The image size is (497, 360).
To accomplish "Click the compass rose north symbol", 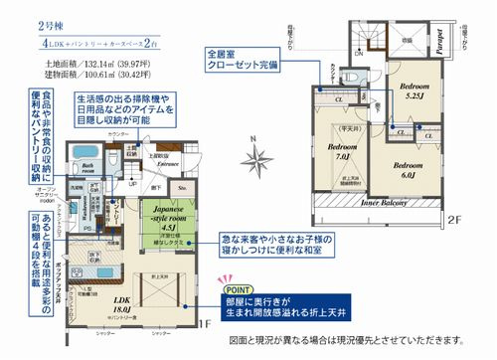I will click(259, 158).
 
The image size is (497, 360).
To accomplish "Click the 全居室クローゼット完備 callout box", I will click(238, 59).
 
